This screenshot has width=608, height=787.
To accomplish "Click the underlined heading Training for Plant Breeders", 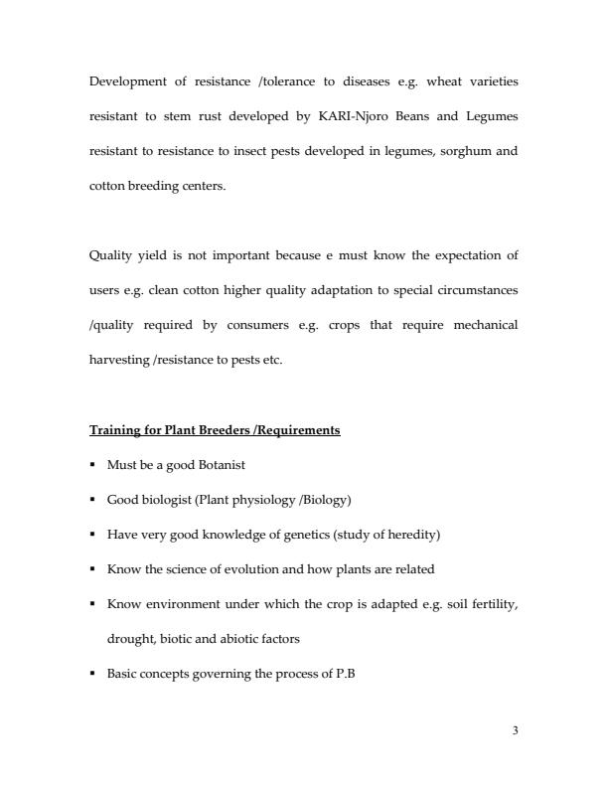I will pyautogui.click(x=215, y=430).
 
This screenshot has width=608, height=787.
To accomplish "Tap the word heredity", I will pyautogui.click(x=412, y=534).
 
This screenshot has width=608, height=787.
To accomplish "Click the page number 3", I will pyautogui.click(x=515, y=730).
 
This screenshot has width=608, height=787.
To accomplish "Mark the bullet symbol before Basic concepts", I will pyautogui.click(x=93, y=674).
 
